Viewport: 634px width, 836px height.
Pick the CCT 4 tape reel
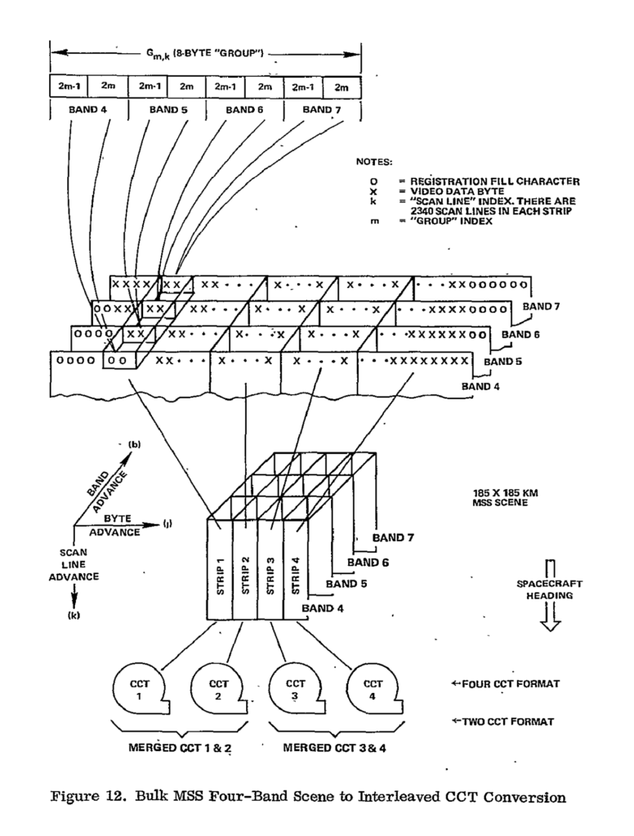click(373, 690)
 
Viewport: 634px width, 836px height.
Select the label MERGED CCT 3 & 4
click(333, 747)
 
